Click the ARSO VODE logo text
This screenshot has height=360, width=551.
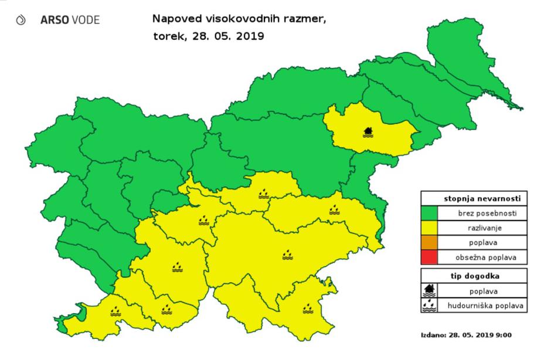coord(70,20)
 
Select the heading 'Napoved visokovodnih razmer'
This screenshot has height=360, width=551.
coord(237,19)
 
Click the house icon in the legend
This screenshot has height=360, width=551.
coord(431,290)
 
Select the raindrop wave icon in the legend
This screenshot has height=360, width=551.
coord(431,305)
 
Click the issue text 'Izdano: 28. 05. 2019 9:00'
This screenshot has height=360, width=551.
coord(467,335)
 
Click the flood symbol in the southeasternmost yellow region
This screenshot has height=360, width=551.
coord(308,308)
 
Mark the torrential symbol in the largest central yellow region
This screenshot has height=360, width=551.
coord(288,254)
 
